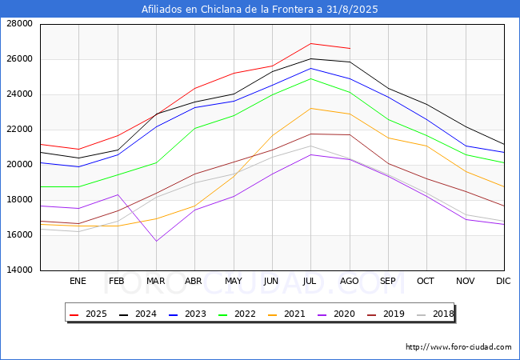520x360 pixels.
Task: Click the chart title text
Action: tap(259, 10)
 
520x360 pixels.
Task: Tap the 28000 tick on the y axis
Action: tap(18, 24)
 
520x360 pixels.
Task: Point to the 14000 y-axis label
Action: tap(18, 270)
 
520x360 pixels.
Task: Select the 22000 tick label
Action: tap(18, 130)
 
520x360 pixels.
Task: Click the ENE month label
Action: tap(78, 282)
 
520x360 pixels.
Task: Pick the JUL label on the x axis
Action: tap(310, 282)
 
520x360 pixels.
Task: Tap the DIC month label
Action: tap(503, 282)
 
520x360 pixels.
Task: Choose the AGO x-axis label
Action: tap(349, 282)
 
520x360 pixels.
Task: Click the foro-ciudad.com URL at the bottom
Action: tap(458, 347)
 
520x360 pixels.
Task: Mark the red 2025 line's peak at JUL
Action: tap(310, 43)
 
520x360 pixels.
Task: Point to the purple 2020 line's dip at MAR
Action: tap(156, 241)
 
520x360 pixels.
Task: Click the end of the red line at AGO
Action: tap(349, 48)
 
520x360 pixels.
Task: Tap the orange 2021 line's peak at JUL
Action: tap(310, 108)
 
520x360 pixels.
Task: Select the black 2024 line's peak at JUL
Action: tap(310, 58)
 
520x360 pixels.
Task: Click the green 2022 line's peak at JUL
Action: tap(310, 78)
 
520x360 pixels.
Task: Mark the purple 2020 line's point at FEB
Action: tap(118, 194)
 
